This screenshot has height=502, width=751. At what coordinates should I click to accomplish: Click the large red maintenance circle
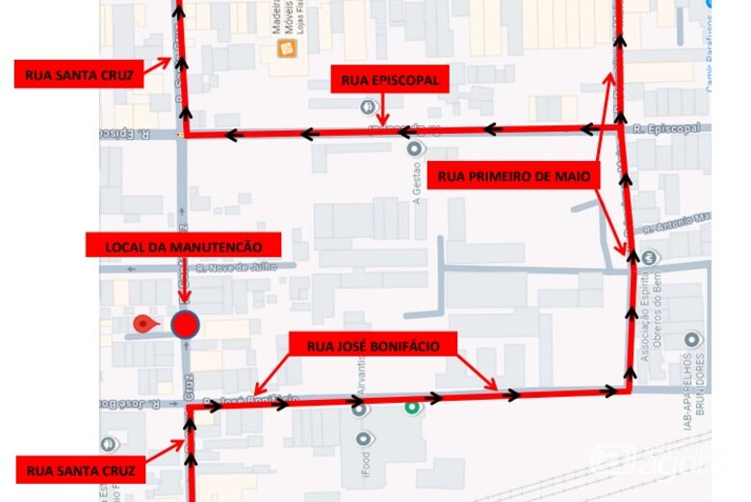pos(185,324)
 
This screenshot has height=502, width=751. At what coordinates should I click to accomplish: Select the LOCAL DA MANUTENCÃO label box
pos(183,246)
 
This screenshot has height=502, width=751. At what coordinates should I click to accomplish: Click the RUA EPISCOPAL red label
pos(389,80)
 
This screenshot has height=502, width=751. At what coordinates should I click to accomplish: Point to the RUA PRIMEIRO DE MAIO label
pos(513,175)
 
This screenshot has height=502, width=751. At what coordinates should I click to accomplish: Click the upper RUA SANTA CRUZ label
pos(79,74)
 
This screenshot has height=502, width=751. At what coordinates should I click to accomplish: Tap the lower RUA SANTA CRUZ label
pos(80,470)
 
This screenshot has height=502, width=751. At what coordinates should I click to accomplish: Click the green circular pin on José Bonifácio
pos(413,408)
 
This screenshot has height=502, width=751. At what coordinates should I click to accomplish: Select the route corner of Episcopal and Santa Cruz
pos(186,136)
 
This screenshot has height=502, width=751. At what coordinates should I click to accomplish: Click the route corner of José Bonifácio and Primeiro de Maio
pos(631,390)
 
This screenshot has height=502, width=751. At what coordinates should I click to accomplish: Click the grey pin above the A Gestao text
pos(415,149)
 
